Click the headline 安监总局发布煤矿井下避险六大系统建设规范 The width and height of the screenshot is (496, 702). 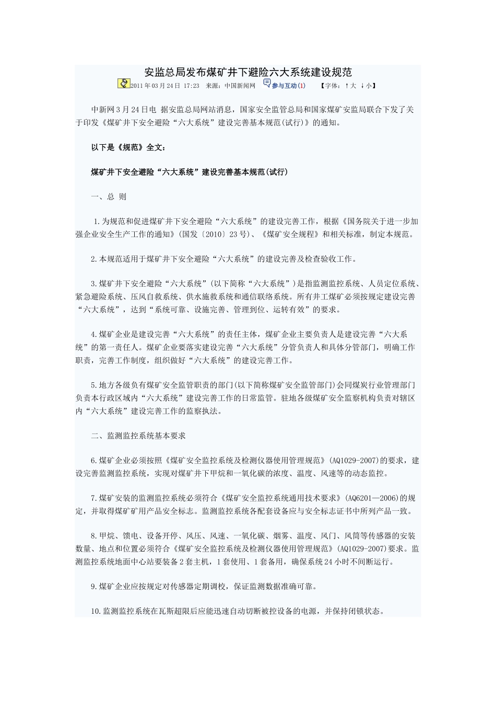click(x=248, y=72)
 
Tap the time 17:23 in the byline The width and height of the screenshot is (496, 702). click(x=192, y=86)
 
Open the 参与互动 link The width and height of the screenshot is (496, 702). click(x=284, y=86)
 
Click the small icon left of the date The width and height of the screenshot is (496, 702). click(x=124, y=84)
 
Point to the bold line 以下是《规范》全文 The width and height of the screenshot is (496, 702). click(x=128, y=148)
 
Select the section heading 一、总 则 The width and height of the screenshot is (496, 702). click(x=109, y=197)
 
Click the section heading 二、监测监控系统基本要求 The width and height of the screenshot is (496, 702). click(x=138, y=436)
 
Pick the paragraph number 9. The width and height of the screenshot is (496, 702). click(x=93, y=587)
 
